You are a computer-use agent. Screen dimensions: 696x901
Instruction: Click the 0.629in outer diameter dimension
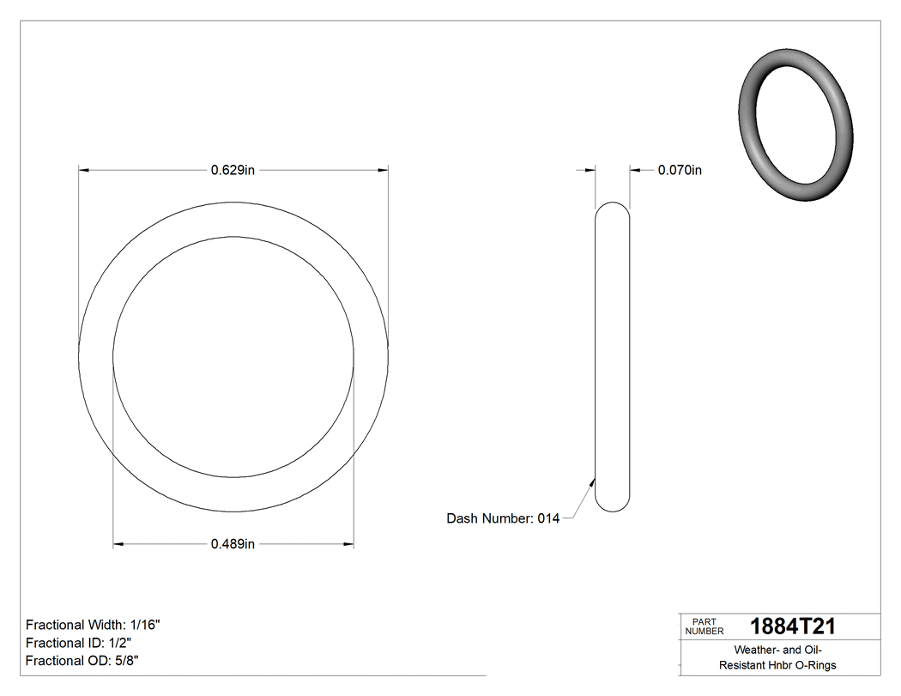[x=233, y=170]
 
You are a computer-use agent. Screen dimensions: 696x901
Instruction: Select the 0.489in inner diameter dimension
[x=233, y=543]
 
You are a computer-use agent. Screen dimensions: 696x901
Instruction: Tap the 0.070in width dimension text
[x=680, y=170]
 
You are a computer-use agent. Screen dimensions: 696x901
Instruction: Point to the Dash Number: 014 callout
[x=503, y=518]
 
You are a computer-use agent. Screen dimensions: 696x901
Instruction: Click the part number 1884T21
[x=792, y=626]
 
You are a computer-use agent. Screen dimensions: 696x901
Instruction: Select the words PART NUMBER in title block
[x=704, y=626]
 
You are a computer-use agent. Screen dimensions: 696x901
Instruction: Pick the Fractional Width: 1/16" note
[x=93, y=625]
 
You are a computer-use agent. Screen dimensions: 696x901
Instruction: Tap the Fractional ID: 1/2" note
[x=79, y=643]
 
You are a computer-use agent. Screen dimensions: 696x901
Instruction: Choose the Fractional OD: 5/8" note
[x=82, y=661]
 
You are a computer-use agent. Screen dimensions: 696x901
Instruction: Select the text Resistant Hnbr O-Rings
[x=777, y=665]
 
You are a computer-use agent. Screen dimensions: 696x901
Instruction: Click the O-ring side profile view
[x=612, y=356]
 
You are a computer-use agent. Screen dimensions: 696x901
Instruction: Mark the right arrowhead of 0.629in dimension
[x=383, y=170]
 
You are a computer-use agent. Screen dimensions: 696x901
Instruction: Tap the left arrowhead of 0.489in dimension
[x=118, y=543]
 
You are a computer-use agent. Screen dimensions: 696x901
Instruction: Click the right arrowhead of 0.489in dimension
[x=348, y=543]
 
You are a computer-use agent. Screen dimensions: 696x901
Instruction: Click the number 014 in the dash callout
[x=548, y=518]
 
